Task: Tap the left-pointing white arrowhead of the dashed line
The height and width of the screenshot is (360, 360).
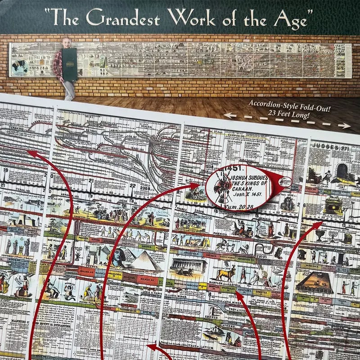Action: coord(228,115)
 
